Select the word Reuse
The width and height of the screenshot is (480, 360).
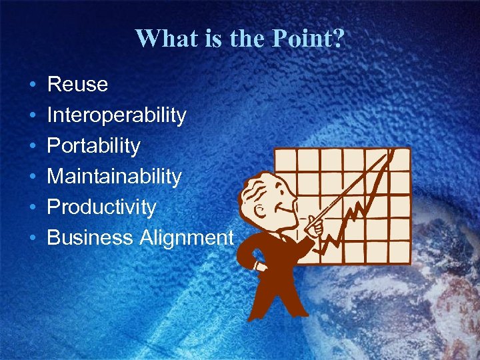77,85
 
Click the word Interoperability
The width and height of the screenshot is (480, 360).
117,115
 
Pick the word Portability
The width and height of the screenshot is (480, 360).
93,146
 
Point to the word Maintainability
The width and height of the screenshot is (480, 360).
114,177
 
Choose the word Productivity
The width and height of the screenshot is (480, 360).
101,207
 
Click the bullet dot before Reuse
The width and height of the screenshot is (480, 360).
32,85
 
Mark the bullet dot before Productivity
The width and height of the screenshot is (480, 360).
32,208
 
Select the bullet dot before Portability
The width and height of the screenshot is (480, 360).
32,147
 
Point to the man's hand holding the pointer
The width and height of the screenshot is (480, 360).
317,227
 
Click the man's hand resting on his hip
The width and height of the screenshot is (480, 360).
258,267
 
